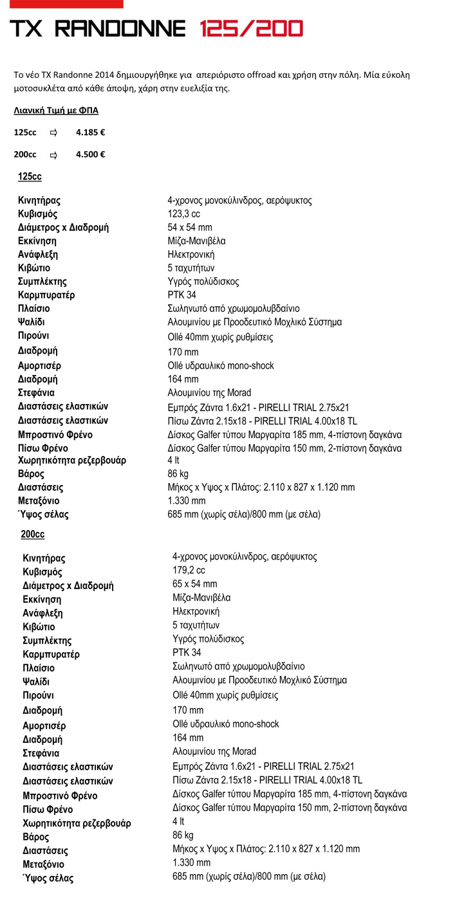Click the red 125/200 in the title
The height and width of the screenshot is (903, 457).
pos(251,28)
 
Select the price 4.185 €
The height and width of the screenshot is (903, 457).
pos(91,132)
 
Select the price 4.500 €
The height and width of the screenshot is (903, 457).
pos(91,154)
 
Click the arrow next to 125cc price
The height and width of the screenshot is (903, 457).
pos(54,132)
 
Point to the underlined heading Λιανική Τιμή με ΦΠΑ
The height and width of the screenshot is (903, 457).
pos(56,111)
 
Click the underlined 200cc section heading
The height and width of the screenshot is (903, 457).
pos(32,534)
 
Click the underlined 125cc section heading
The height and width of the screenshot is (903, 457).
pos(30,176)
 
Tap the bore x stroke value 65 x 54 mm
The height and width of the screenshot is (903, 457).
pos(195,584)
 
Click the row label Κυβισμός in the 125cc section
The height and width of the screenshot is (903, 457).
pos(38,214)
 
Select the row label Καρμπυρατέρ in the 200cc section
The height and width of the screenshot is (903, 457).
pos(51,655)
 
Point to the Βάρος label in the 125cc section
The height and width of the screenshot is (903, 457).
pos(32,474)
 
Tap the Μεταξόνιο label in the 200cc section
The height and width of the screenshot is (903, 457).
pos(44,864)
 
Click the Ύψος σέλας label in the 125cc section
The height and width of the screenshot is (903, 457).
pos(43,515)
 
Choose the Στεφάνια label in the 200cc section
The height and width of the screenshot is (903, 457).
pos(42,752)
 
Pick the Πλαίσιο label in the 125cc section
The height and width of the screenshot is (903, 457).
pos(35,309)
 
